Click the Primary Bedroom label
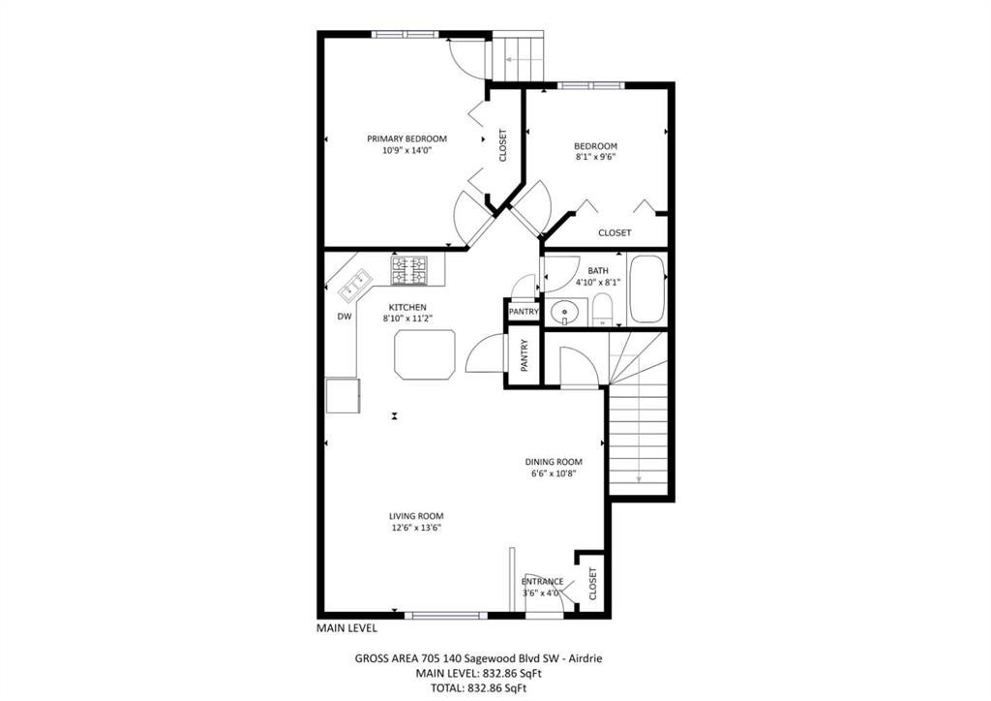click(407, 139)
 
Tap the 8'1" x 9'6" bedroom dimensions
click(595, 157)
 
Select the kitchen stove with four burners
click(409, 270)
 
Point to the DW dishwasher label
click(345, 317)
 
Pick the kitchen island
click(425, 354)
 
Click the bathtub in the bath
click(647, 289)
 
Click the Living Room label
click(416, 516)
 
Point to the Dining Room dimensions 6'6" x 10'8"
click(554, 473)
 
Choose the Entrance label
click(542, 582)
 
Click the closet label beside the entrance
click(593, 584)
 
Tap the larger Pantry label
click(525, 356)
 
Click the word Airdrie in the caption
click(586, 658)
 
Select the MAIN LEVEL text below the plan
click(346, 628)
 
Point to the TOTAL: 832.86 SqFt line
click(478, 687)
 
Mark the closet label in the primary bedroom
click(503, 146)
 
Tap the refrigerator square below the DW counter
click(344, 396)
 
